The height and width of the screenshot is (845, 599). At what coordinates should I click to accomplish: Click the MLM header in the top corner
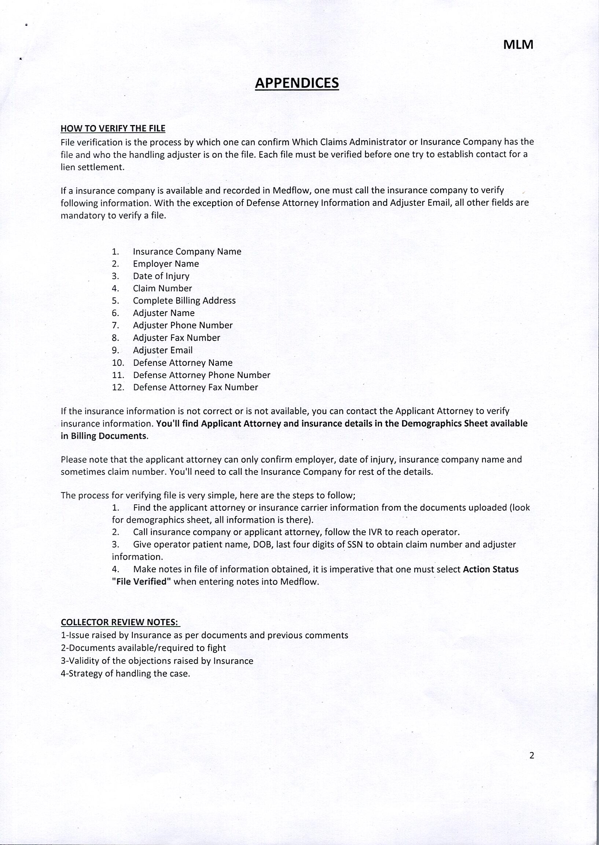click(518, 45)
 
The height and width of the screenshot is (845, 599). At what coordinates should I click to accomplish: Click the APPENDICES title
click(297, 83)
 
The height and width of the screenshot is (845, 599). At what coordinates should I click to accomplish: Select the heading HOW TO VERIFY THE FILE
click(113, 128)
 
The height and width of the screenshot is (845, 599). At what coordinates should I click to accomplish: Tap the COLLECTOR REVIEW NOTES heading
click(120, 622)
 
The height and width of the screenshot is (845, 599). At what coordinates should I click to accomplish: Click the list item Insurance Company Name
click(187, 251)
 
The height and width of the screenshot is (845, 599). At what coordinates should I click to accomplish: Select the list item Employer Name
click(166, 264)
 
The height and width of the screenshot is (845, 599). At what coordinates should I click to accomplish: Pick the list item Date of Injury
click(161, 276)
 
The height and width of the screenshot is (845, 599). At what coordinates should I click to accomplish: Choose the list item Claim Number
click(162, 289)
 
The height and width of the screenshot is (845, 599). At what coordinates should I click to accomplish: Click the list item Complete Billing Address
click(184, 301)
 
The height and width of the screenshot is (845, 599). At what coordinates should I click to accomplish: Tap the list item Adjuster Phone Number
click(183, 325)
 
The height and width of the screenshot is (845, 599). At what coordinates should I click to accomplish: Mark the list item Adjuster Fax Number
click(176, 338)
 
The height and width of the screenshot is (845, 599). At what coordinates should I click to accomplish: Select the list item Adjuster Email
click(163, 350)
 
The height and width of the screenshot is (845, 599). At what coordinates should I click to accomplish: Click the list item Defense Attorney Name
click(183, 363)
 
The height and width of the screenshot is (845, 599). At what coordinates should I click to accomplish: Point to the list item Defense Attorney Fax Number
click(195, 387)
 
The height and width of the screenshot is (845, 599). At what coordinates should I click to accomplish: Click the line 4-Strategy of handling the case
click(125, 673)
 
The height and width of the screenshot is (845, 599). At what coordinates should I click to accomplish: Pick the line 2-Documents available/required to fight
click(143, 648)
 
